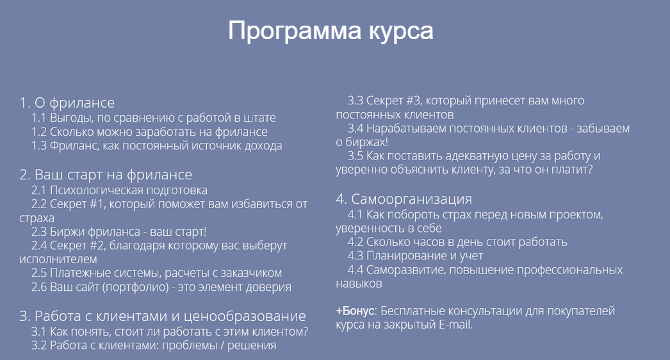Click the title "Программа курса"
[x=331, y=31]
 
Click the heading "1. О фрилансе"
[x=67, y=102]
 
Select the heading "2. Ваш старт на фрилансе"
[x=106, y=175]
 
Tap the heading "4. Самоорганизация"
[x=404, y=199]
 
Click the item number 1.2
[x=39, y=132]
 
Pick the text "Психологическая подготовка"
[x=129, y=190]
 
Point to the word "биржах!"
[x=362, y=142]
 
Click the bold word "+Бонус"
[x=355, y=311]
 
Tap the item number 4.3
[x=355, y=256]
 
